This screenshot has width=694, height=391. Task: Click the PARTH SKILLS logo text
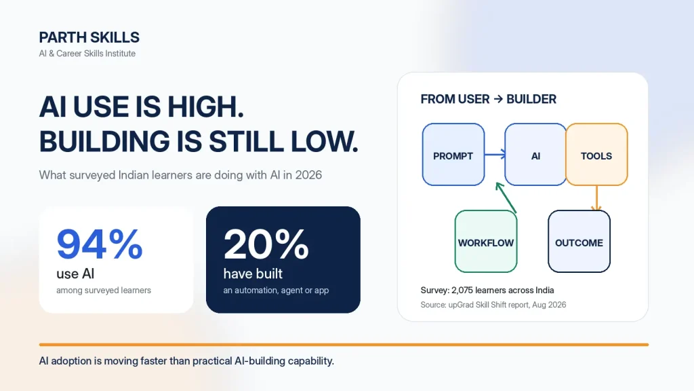pyautogui.click(x=89, y=38)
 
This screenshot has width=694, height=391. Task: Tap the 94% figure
pyautogui.click(x=100, y=244)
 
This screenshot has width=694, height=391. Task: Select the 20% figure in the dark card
pyautogui.click(x=266, y=244)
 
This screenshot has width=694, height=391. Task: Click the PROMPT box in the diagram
pyautogui.click(x=453, y=155)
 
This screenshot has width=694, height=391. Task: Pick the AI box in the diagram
pyautogui.click(x=535, y=155)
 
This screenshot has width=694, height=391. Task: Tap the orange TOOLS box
pyautogui.click(x=596, y=155)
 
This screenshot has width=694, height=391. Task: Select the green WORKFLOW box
pyautogui.click(x=486, y=242)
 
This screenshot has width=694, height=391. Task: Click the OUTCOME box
pyautogui.click(x=579, y=242)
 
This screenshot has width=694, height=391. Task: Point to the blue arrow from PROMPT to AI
pyautogui.click(x=495, y=154)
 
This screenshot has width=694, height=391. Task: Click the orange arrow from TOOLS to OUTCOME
pyautogui.click(x=596, y=198)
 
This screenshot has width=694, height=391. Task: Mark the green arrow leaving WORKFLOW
pyautogui.click(x=506, y=198)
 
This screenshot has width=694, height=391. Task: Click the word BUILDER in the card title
pyautogui.click(x=531, y=99)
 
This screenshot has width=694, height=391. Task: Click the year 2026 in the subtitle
pyautogui.click(x=308, y=175)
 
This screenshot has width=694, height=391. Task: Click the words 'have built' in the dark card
pyautogui.click(x=253, y=274)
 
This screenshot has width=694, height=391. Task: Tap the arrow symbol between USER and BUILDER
pyautogui.click(x=498, y=99)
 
